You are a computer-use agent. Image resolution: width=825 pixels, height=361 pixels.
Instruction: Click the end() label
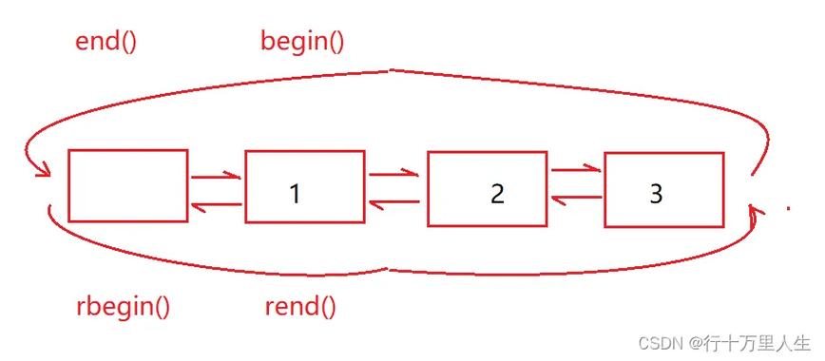[x=106, y=42]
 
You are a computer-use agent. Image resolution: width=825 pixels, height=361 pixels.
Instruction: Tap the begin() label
[x=302, y=41]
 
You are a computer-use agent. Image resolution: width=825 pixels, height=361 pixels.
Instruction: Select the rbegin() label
[x=123, y=306]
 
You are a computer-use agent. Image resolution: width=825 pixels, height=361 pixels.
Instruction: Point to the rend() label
[x=300, y=306]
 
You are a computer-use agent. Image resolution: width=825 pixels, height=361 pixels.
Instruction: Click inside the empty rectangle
[x=127, y=186]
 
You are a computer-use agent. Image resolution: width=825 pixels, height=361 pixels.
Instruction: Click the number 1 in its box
[x=295, y=194]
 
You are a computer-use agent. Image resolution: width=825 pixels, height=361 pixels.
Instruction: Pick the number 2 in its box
[x=496, y=194]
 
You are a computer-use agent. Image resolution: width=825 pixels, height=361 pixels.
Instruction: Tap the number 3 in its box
[x=656, y=193]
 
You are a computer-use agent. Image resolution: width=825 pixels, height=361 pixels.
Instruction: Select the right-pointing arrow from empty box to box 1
[x=216, y=177]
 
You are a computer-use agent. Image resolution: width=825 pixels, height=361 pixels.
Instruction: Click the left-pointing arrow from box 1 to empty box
[x=216, y=205]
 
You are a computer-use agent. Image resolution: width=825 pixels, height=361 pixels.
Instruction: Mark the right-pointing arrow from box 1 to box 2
[x=394, y=174]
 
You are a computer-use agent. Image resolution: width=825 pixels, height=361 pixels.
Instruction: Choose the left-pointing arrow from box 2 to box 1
[x=394, y=202]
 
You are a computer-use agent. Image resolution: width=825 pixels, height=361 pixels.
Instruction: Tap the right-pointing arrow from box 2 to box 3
[x=576, y=170]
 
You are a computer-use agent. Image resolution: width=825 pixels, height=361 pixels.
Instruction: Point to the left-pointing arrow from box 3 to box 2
[x=576, y=198]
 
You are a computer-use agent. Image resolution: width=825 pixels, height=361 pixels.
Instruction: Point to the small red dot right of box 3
[x=788, y=208]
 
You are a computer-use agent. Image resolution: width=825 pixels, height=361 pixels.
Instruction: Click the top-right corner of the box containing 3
[x=723, y=153]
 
